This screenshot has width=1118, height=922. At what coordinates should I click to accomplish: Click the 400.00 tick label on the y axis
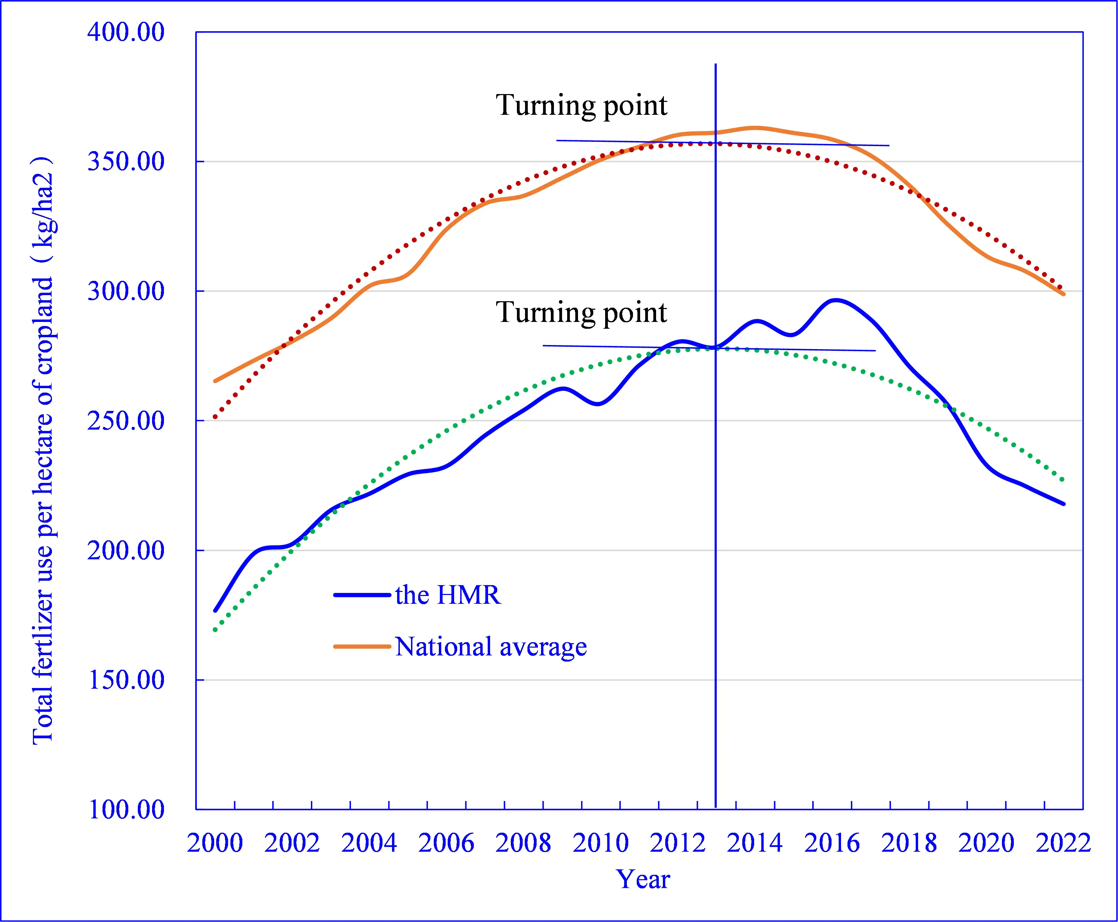(126, 32)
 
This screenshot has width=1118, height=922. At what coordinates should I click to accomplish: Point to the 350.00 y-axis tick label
(126, 161)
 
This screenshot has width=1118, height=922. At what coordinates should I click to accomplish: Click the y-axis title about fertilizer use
(43, 451)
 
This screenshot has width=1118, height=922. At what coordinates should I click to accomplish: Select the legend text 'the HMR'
(448, 595)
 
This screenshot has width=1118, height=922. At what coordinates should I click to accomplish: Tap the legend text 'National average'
(491, 647)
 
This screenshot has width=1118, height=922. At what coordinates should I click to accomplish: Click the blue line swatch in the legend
(362, 595)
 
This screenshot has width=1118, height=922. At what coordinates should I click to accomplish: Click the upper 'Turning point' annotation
(581, 105)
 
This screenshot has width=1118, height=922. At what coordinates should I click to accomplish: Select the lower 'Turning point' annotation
(581, 312)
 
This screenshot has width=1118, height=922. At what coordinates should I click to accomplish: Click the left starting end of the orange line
(215, 381)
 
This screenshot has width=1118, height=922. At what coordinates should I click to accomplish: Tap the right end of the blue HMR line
(1064, 504)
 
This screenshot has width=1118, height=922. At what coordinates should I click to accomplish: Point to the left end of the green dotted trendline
(215, 630)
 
